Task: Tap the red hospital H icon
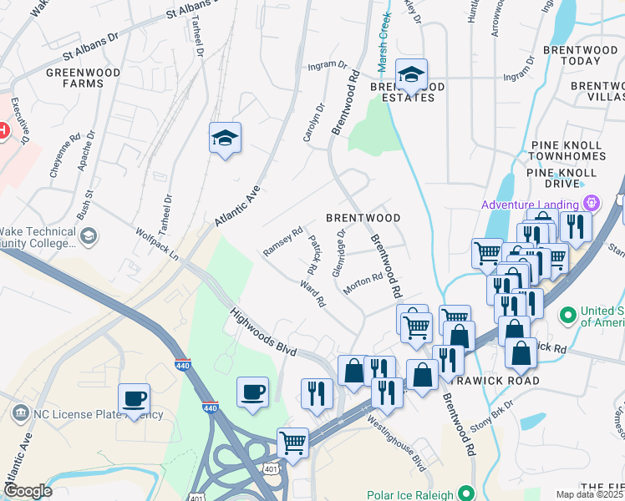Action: (3, 130)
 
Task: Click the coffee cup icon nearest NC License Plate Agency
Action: (134, 397)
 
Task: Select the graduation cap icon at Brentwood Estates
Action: (410, 74)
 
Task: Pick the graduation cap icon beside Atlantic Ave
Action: (225, 138)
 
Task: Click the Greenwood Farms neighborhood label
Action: (83, 78)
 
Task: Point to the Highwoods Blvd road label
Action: (263, 332)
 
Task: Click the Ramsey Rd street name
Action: (282, 242)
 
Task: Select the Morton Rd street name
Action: (362, 283)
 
